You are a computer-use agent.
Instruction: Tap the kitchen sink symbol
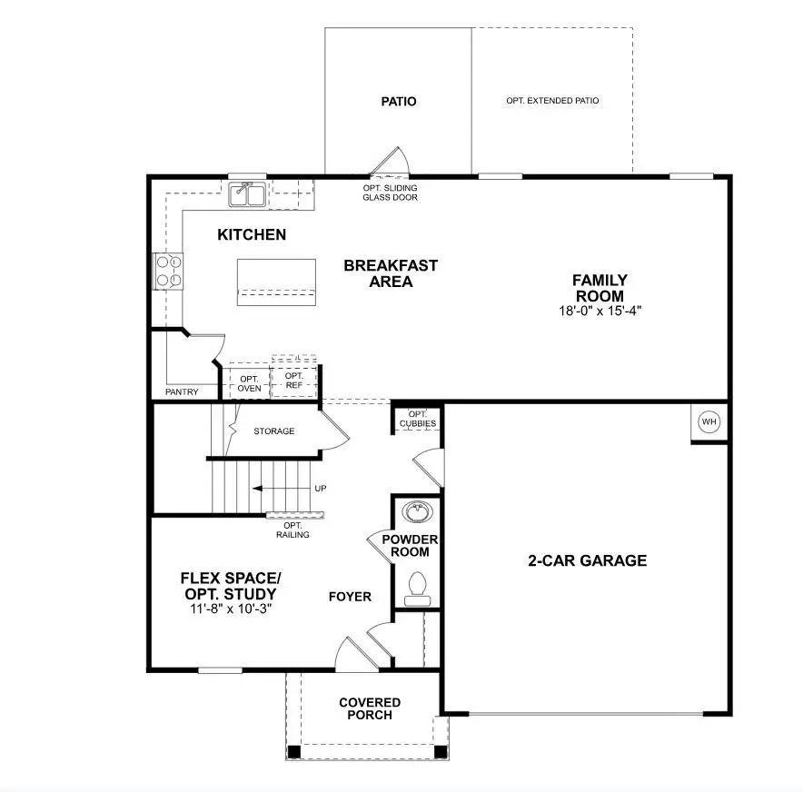246,193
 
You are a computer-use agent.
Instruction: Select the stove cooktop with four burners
170,271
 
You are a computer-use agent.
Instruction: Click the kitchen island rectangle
276,282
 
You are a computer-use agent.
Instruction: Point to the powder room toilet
418,586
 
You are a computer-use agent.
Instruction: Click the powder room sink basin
417,512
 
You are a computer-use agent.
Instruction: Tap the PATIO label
398,101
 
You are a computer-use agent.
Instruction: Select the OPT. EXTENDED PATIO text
552,101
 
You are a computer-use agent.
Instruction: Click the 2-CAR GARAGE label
588,560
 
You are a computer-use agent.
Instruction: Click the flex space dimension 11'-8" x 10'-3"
230,609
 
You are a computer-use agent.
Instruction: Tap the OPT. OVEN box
250,383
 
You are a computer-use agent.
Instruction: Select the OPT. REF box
294,381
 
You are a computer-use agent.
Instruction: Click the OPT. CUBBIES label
417,419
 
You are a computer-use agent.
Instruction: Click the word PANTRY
182,392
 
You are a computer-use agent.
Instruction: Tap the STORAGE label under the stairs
273,431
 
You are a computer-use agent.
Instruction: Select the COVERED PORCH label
370,708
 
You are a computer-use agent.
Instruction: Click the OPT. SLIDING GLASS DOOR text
390,192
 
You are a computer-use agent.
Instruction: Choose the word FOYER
350,597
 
